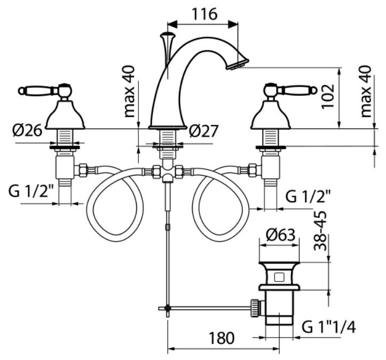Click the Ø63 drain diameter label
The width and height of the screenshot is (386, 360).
(x=280, y=234)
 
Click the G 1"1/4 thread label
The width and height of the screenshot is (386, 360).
(x=328, y=326)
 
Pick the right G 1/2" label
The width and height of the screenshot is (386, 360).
(x=308, y=196)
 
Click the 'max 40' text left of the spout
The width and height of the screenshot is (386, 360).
(x=130, y=91)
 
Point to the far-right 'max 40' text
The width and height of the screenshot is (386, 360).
(x=366, y=91)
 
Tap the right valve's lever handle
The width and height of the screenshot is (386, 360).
(x=297, y=90)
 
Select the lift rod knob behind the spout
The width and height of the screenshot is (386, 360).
(x=166, y=38)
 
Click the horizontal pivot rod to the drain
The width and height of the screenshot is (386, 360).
(x=208, y=308)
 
